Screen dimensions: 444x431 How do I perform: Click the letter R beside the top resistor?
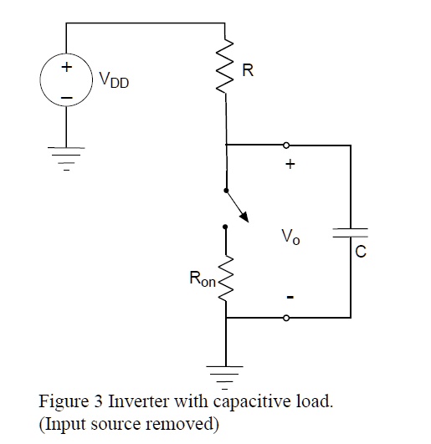coord(248,72)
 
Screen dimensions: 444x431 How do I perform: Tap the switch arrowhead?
coord(244,218)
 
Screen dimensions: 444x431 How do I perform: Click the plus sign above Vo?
coord(290,165)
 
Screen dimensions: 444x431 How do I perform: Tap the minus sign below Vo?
coord(290,298)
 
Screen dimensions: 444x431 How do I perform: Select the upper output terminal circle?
coord(287,145)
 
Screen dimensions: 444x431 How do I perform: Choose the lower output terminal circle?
coord(287,318)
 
